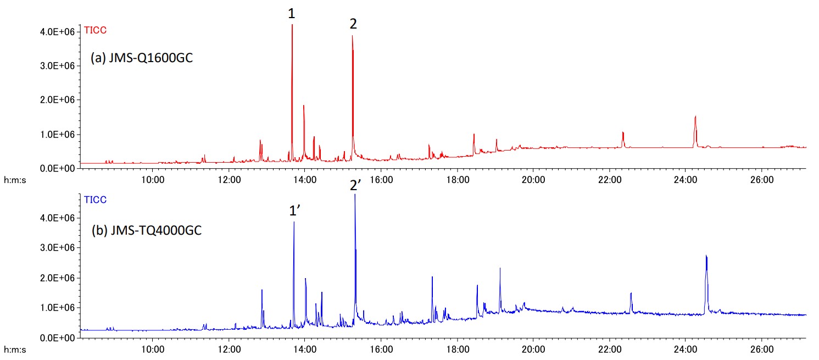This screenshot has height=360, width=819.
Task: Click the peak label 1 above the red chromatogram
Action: click(292, 13)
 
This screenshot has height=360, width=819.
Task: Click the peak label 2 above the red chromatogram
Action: click(353, 24)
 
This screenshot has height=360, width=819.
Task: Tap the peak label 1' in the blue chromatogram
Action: click(294, 211)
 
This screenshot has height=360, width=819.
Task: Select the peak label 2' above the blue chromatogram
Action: click(355, 185)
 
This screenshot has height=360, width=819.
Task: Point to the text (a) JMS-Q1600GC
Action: click(142, 58)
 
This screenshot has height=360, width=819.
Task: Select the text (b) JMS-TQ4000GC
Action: click(147, 230)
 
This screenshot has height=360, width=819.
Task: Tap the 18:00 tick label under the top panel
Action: click(457, 179)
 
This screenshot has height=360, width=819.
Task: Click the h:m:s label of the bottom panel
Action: click(15, 348)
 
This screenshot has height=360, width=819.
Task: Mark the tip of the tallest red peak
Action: click(292, 25)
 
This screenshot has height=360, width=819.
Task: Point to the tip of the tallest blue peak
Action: click(355, 195)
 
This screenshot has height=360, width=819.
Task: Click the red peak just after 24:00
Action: click(695, 117)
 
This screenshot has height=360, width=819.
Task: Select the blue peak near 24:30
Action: click(706, 256)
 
